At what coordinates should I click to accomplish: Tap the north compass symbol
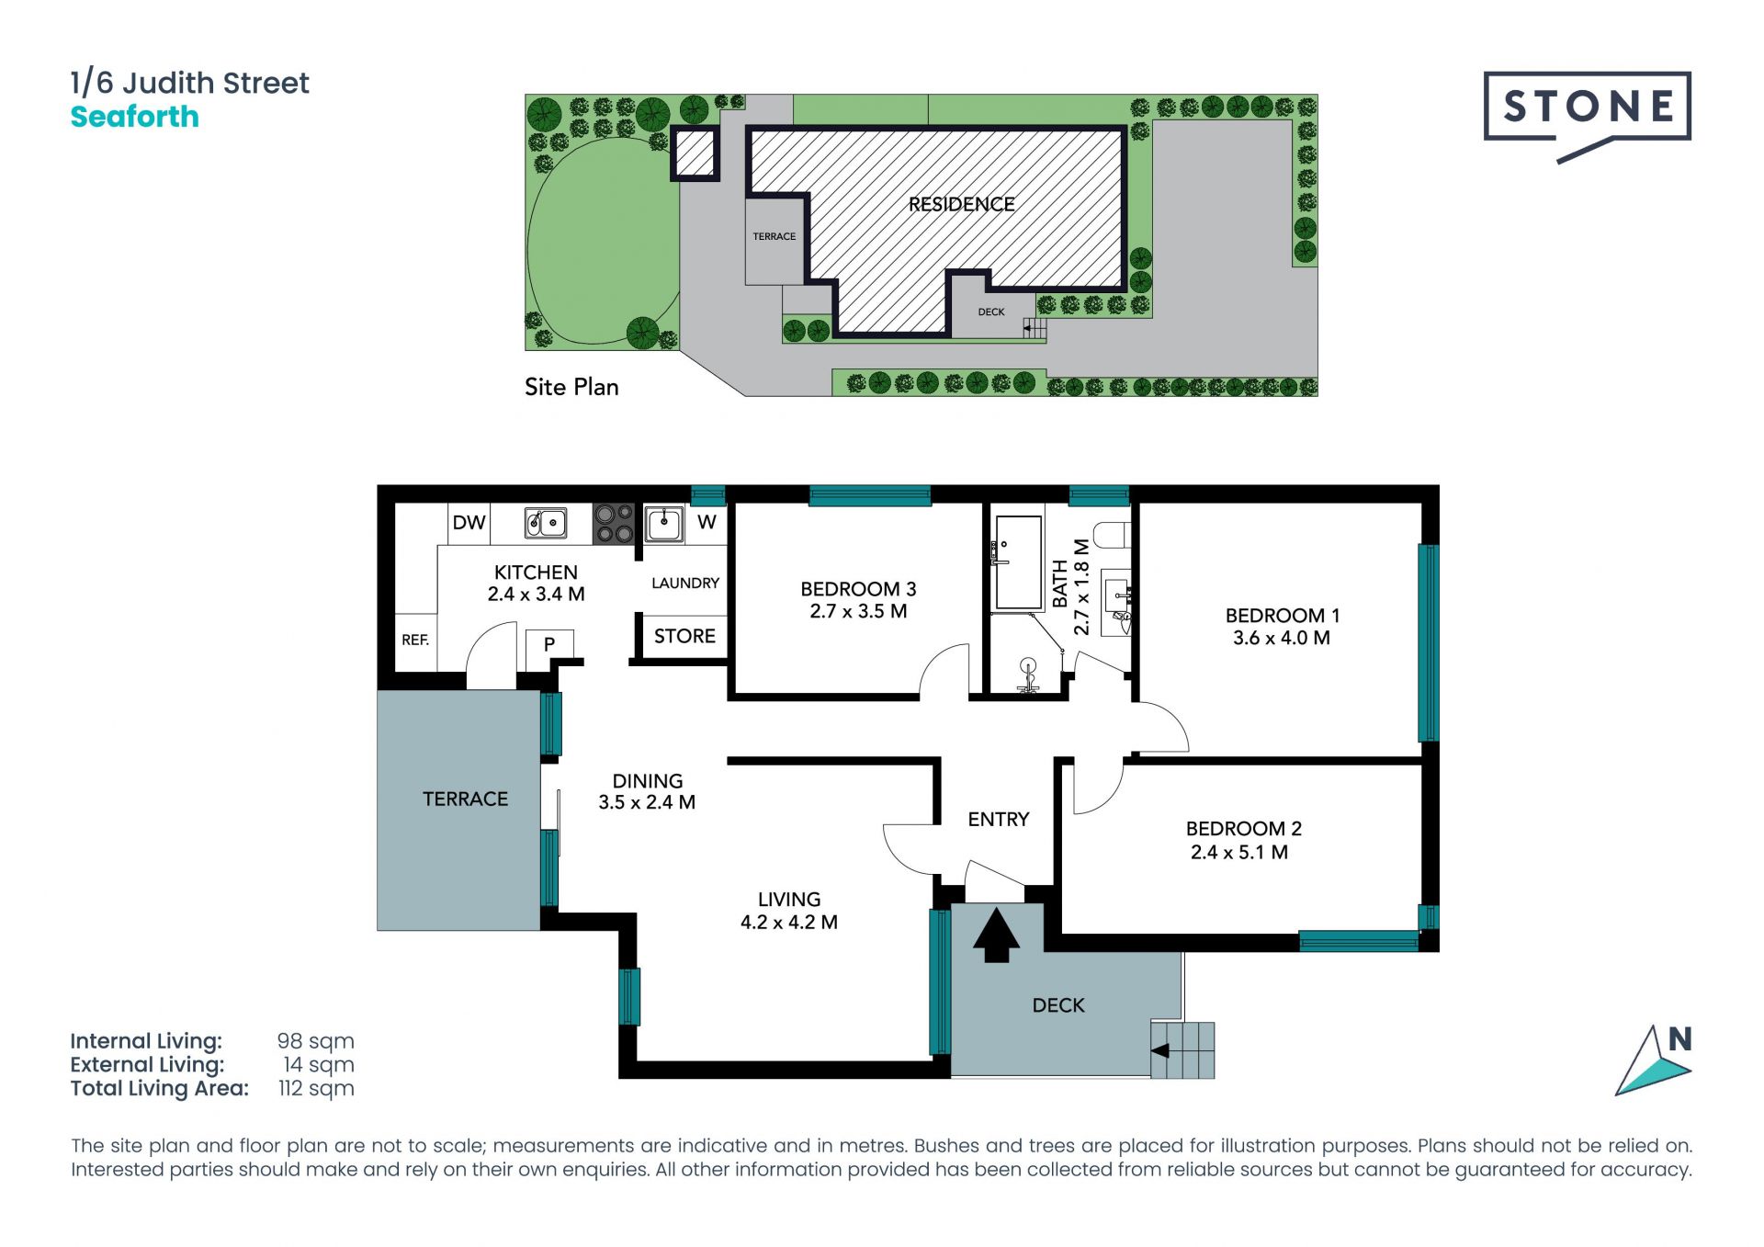click(1655, 1061)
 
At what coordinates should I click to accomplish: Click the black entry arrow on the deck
click(996, 935)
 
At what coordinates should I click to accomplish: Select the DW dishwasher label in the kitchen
click(469, 523)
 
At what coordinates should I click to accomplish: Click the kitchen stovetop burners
click(614, 524)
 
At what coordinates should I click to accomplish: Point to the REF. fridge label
click(415, 640)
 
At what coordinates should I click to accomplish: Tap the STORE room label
click(684, 636)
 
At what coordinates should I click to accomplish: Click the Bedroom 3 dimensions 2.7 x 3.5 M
click(858, 612)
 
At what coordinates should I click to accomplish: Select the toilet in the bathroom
click(1114, 534)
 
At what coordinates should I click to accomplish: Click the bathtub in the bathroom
click(1019, 562)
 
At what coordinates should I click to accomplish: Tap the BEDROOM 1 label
click(1282, 616)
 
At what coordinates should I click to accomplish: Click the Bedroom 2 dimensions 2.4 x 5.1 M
click(1239, 853)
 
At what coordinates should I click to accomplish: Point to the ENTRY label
click(999, 820)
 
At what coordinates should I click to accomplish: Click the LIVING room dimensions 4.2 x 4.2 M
click(789, 923)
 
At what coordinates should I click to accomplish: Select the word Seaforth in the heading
click(135, 117)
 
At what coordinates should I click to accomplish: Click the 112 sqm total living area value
click(316, 1089)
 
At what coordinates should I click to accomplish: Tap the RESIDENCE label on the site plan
click(962, 205)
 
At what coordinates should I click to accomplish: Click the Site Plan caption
click(571, 387)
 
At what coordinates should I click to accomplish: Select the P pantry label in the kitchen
click(549, 644)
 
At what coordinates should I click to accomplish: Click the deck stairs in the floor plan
click(1182, 1050)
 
